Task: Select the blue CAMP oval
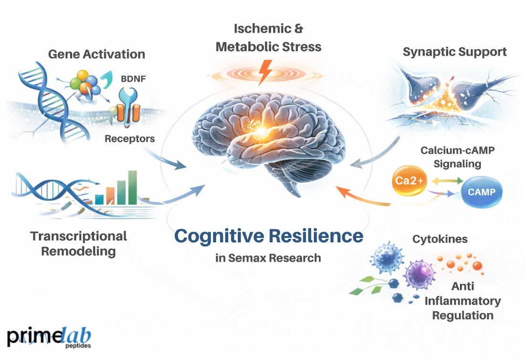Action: (x=482, y=192)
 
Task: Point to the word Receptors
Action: (x=130, y=139)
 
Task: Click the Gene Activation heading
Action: (x=96, y=54)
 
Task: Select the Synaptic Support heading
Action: (x=454, y=51)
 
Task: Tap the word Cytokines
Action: (x=441, y=239)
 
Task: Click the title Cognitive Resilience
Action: (x=268, y=236)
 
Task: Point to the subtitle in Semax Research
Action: (x=268, y=258)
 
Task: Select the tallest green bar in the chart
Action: (x=133, y=186)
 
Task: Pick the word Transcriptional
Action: (x=79, y=236)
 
